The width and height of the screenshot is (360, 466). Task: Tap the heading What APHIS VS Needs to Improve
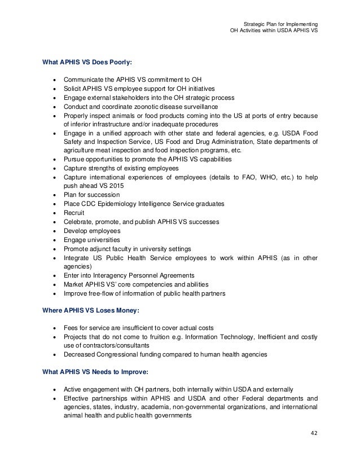pos(91,372)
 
